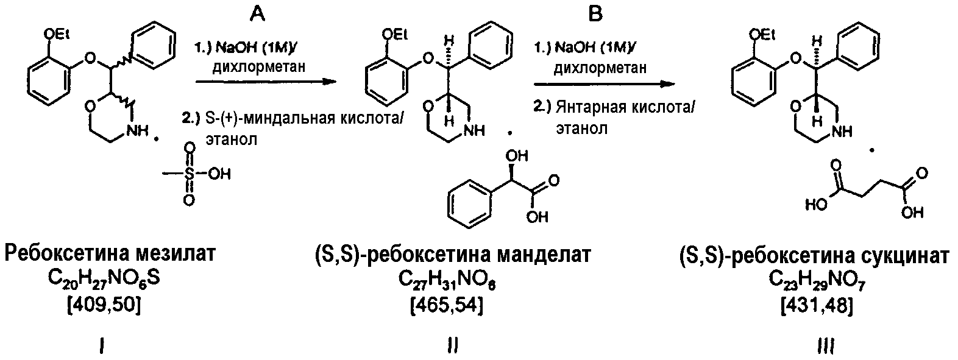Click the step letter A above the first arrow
pos(257,14)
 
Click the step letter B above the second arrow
pos(595,14)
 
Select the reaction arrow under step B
pos(605,84)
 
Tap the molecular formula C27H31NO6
pos(447,280)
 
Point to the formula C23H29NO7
pos(818,280)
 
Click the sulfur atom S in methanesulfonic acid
pos(190,174)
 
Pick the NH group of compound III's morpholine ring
pos(841,131)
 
